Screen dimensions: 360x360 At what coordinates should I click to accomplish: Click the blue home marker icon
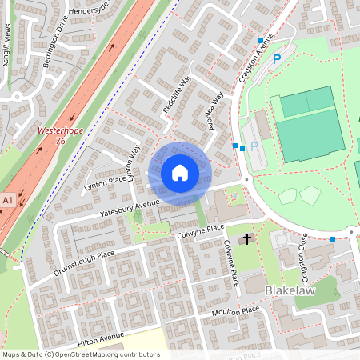(180, 173)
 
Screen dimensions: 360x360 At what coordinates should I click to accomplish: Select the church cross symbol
(247, 238)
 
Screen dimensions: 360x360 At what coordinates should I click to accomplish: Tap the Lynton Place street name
(106, 184)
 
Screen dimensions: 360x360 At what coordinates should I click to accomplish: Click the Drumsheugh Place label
(84, 262)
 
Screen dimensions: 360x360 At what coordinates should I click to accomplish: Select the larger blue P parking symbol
(277, 59)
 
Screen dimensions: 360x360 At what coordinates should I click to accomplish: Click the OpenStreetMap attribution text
(81, 354)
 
